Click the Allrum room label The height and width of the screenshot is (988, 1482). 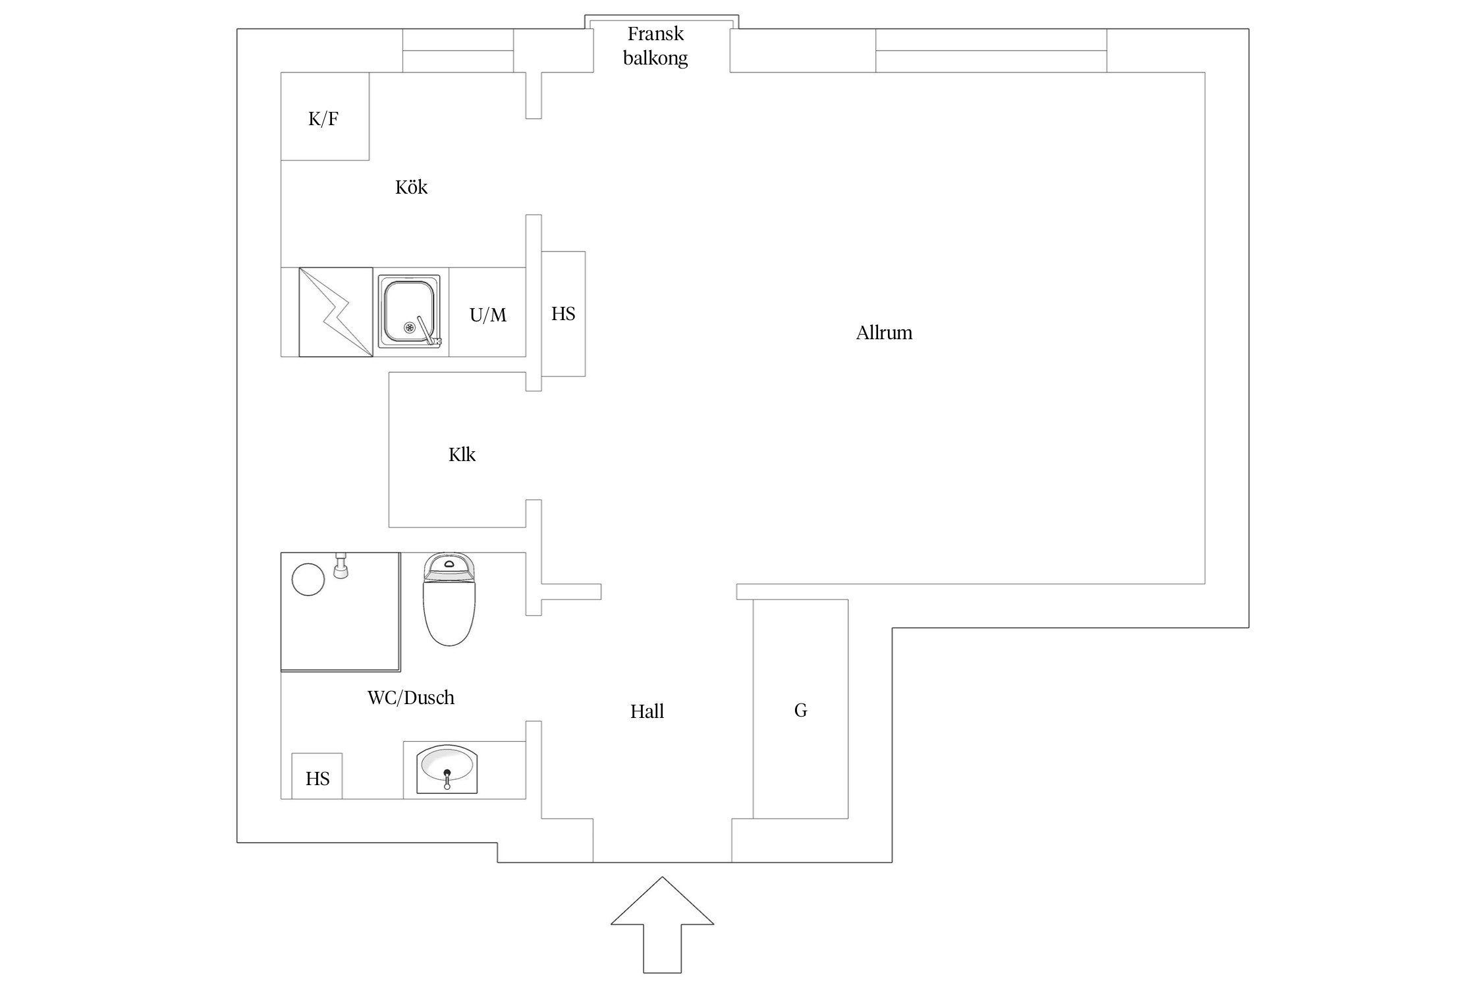pyautogui.click(x=884, y=333)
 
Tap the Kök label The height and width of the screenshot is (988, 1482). pyautogui.click(x=411, y=187)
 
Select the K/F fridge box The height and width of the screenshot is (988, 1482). pyautogui.click(x=325, y=117)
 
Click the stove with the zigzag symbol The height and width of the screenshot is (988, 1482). pyautogui.click(x=336, y=312)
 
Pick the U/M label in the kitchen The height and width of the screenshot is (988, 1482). pyautogui.click(x=488, y=316)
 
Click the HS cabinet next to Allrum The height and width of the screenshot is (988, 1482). pyautogui.click(x=563, y=314)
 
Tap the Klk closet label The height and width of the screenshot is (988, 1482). pyautogui.click(x=462, y=454)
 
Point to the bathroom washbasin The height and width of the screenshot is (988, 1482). pyautogui.click(x=447, y=767)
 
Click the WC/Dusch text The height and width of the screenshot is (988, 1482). pyautogui.click(x=411, y=698)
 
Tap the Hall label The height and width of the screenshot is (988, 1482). pyautogui.click(x=647, y=711)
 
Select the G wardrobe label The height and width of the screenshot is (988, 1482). pyautogui.click(x=800, y=710)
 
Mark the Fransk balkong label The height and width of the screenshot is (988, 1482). pyautogui.click(x=655, y=46)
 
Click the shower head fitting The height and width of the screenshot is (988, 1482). pyautogui.click(x=341, y=566)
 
